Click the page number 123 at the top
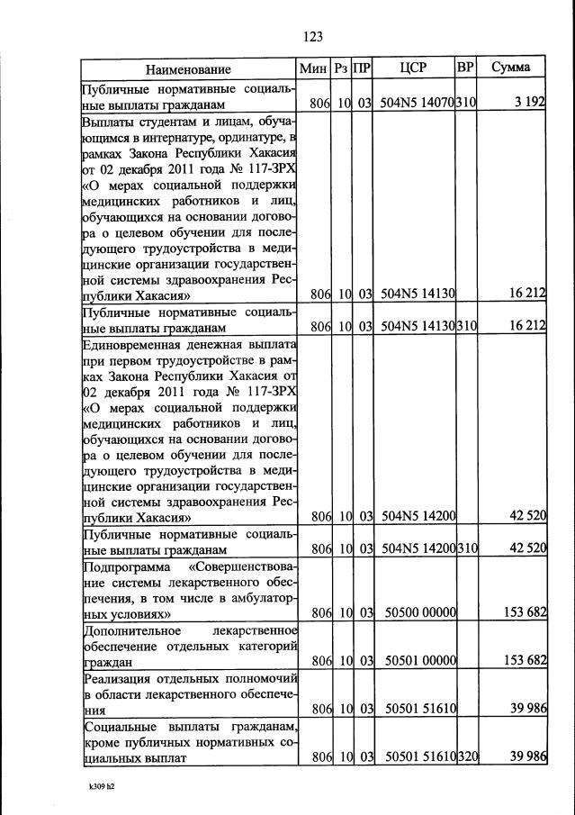pyautogui.click(x=313, y=36)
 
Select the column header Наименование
pyautogui.click(x=189, y=68)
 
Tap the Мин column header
pyautogui.click(x=314, y=68)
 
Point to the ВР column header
pyautogui.click(x=465, y=68)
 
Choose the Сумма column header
pyautogui.click(x=511, y=68)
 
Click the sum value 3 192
pyautogui.click(x=530, y=104)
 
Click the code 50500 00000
pyautogui.click(x=419, y=613)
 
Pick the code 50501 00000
pyautogui.click(x=419, y=662)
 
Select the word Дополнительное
pyautogui.click(x=130, y=630)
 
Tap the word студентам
pyautogui.click(x=169, y=121)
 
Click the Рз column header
pyautogui.click(x=341, y=68)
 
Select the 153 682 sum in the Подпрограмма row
pyautogui.click(x=526, y=613)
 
